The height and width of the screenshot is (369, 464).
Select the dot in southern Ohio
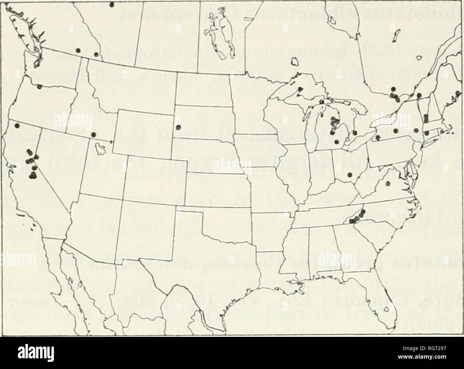[350, 174]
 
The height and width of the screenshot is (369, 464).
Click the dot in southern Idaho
[93, 134]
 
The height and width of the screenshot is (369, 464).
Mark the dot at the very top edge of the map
[111, 5]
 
